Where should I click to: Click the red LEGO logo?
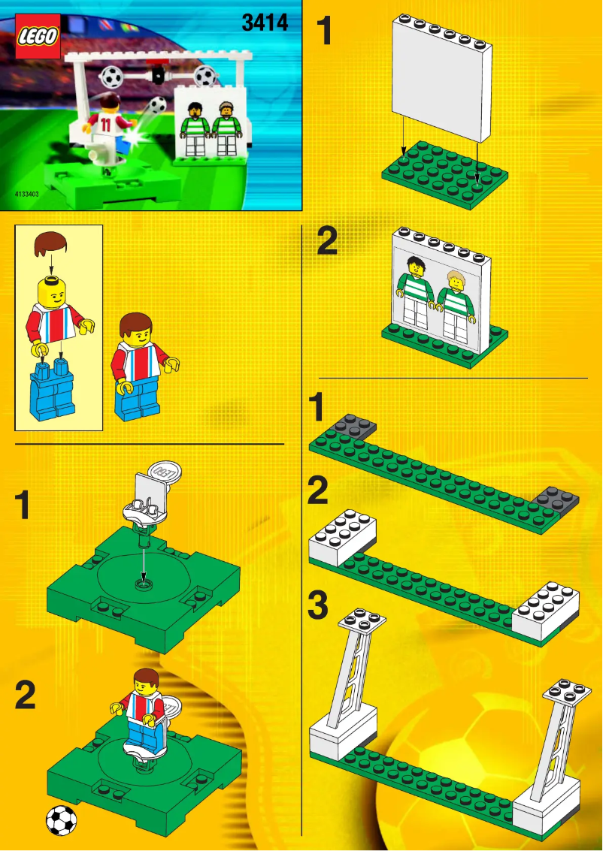[38, 36]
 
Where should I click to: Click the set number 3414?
[265, 23]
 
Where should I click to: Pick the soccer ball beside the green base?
[61, 820]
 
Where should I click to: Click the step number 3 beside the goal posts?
[319, 605]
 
